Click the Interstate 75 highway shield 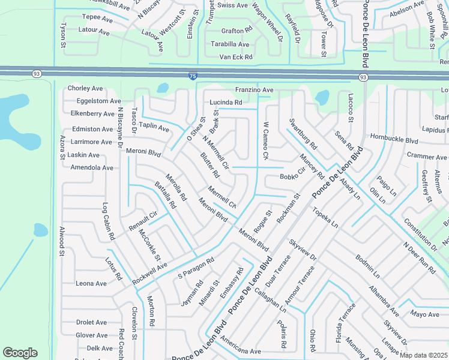click(191, 76)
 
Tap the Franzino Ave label click(254, 90)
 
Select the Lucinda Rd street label click(226, 103)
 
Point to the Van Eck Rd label click(235, 57)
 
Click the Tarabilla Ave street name click(230, 44)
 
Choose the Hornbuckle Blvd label click(394, 140)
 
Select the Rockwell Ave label click(149, 272)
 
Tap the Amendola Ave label click(92, 167)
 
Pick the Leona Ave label click(91, 283)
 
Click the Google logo click(20, 353)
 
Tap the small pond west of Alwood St click(40, 230)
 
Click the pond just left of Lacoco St click(323, 97)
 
